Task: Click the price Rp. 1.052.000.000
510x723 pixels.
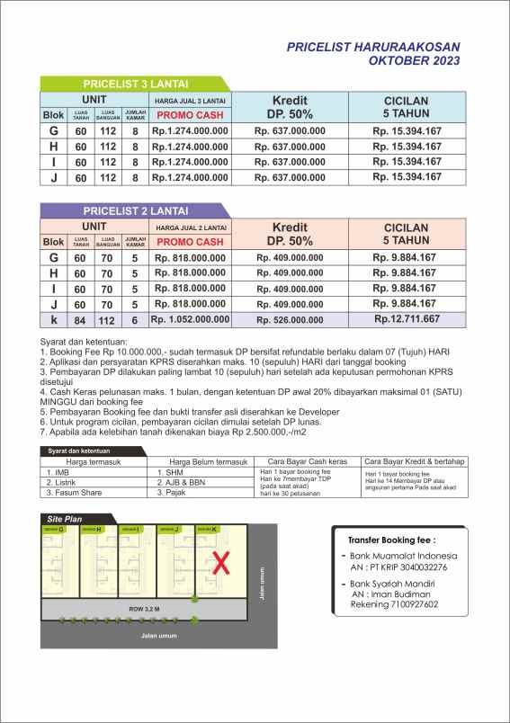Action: (190, 318)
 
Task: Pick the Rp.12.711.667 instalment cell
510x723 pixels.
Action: (407, 318)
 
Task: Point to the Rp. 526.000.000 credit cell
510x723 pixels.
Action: (290, 319)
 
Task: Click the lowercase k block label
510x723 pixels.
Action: (54, 319)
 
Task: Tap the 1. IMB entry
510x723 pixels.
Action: (58, 471)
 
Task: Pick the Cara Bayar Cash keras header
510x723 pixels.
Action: (308, 460)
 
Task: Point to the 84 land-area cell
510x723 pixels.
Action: (81, 319)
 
